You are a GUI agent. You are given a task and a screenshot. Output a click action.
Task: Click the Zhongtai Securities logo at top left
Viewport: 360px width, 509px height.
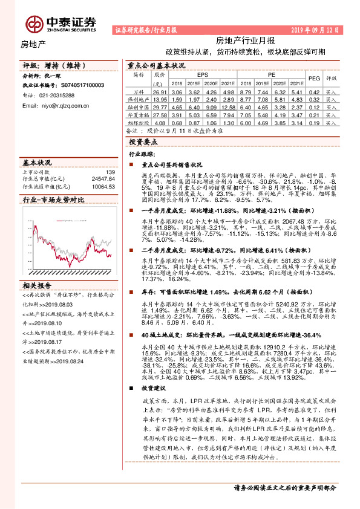(61, 23)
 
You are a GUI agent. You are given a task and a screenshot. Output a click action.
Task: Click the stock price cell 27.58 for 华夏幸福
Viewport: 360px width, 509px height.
(159, 114)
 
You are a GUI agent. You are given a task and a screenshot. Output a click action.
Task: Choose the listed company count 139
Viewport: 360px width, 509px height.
(110, 172)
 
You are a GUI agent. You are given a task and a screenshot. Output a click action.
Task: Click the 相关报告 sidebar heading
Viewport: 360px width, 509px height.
(38, 285)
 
